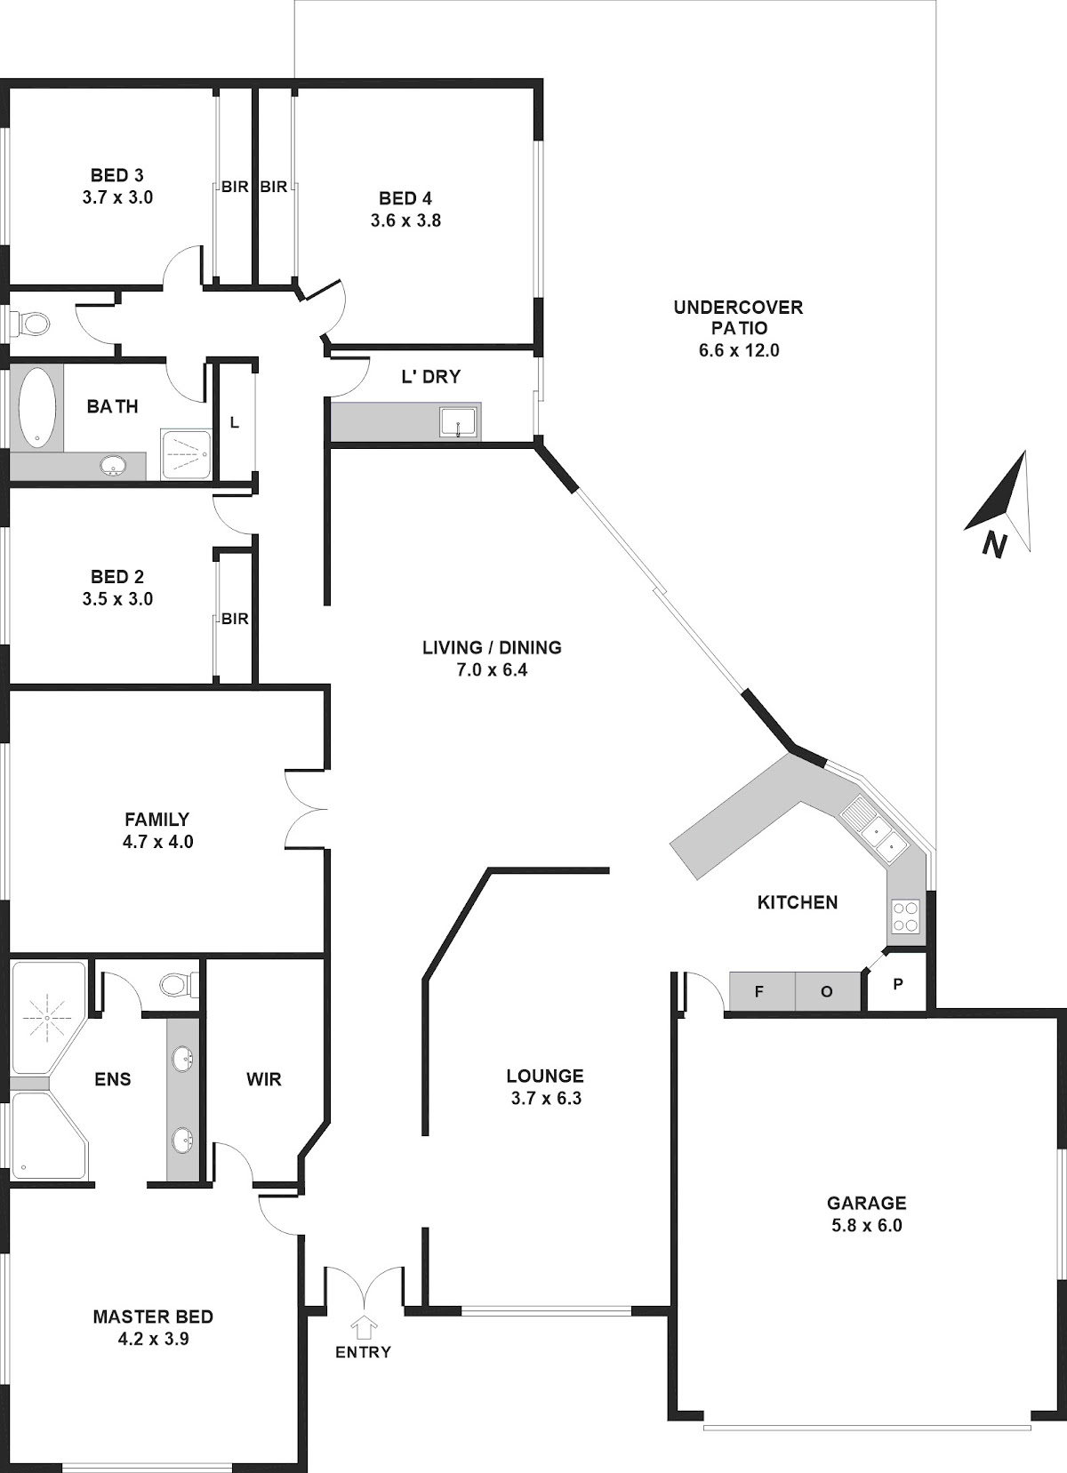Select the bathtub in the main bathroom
click(x=36, y=406)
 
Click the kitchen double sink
click(x=876, y=829)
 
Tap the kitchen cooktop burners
click(x=905, y=917)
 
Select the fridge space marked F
click(x=759, y=992)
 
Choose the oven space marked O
click(x=827, y=992)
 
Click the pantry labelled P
click(x=898, y=985)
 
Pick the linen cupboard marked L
click(x=235, y=422)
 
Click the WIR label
click(x=264, y=1079)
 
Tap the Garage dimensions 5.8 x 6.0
click(x=866, y=1225)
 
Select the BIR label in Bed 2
click(x=235, y=618)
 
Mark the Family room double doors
click(x=307, y=808)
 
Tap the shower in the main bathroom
click(x=185, y=454)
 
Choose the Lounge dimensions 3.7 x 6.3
click(x=546, y=1098)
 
